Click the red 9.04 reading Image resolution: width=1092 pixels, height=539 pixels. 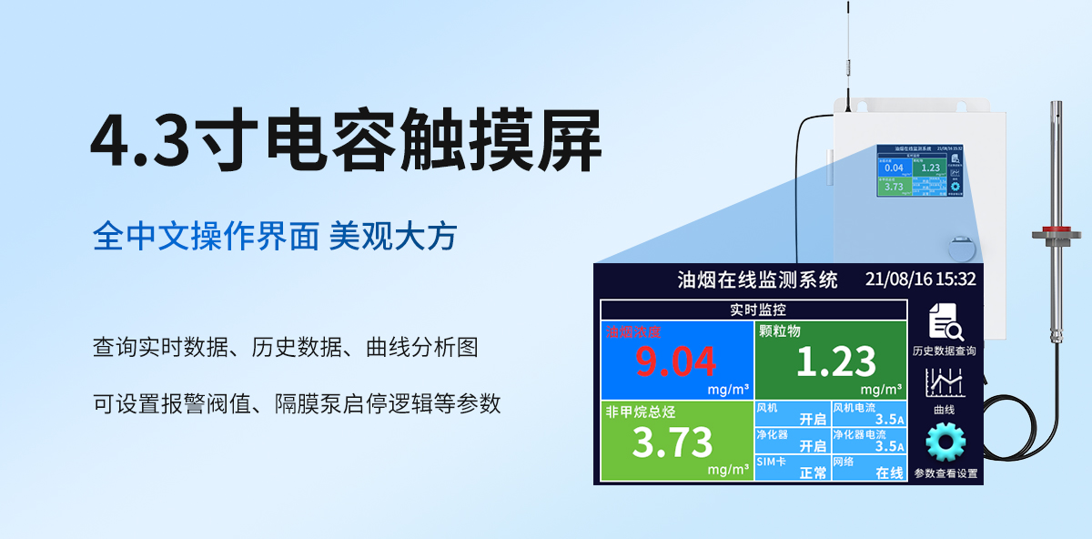click(x=675, y=361)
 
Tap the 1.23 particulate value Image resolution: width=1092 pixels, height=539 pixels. click(x=835, y=362)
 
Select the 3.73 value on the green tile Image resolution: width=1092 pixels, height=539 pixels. click(x=672, y=442)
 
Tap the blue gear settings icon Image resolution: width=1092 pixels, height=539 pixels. click(x=945, y=443)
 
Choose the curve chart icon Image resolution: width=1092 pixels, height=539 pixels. click(x=945, y=382)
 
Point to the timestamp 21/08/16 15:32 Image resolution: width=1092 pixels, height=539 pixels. click(x=920, y=280)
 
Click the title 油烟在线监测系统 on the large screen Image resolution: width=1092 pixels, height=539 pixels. click(x=757, y=280)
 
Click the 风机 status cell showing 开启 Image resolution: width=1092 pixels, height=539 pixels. click(x=792, y=413)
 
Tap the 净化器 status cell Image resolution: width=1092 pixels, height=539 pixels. click(x=792, y=441)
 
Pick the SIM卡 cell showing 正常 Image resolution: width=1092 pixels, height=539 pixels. click(x=792, y=467)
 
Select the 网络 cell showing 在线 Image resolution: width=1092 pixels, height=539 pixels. click(x=869, y=467)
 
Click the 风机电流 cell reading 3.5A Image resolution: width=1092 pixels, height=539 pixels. click(x=869, y=413)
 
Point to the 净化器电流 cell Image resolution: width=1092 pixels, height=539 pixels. click(x=869, y=441)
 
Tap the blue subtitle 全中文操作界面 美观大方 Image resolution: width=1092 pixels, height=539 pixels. click(x=274, y=237)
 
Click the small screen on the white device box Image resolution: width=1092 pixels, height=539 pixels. click(x=919, y=170)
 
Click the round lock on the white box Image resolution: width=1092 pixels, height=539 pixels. click(x=960, y=249)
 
